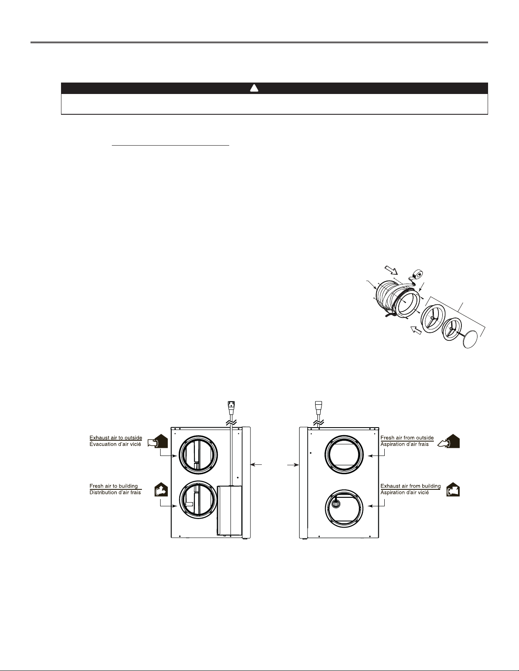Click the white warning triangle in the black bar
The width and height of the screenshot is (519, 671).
click(x=254, y=88)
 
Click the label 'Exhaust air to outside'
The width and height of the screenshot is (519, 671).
click(x=116, y=438)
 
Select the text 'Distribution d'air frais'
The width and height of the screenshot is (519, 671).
click(x=115, y=492)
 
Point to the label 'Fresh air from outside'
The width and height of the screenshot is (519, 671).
click(x=407, y=438)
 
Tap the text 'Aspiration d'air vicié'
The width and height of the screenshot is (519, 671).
click(x=404, y=492)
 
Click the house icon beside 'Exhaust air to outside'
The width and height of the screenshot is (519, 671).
click(x=158, y=441)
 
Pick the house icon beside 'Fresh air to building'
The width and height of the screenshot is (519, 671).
click(x=161, y=489)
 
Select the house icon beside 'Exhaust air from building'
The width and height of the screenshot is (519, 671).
click(x=453, y=489)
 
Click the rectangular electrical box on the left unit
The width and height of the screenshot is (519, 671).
click(x=229, y=510)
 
